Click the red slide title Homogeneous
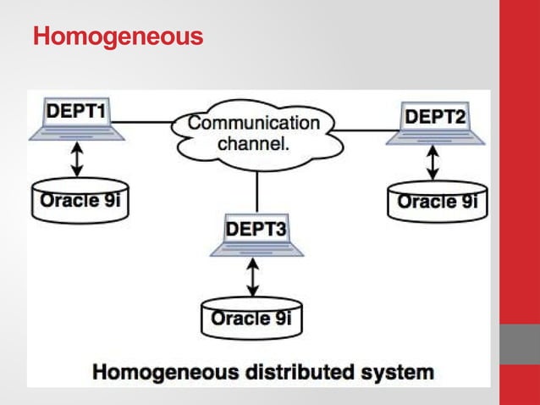118,37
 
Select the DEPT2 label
435,117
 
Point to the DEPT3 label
255,229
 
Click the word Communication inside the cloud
254,123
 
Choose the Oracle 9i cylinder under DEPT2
437,202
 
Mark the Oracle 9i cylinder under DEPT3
251,319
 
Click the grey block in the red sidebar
519,344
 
